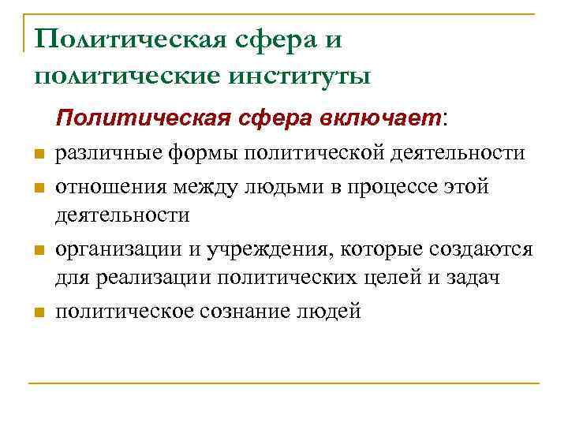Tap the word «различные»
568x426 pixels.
[x=106, y=153]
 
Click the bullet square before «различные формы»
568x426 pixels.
[x=36, y=154]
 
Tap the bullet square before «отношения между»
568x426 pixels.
[x=36, y=188]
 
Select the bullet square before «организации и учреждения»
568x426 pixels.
[x=36, y=252]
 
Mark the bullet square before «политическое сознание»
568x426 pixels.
[x=36, y=312]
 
